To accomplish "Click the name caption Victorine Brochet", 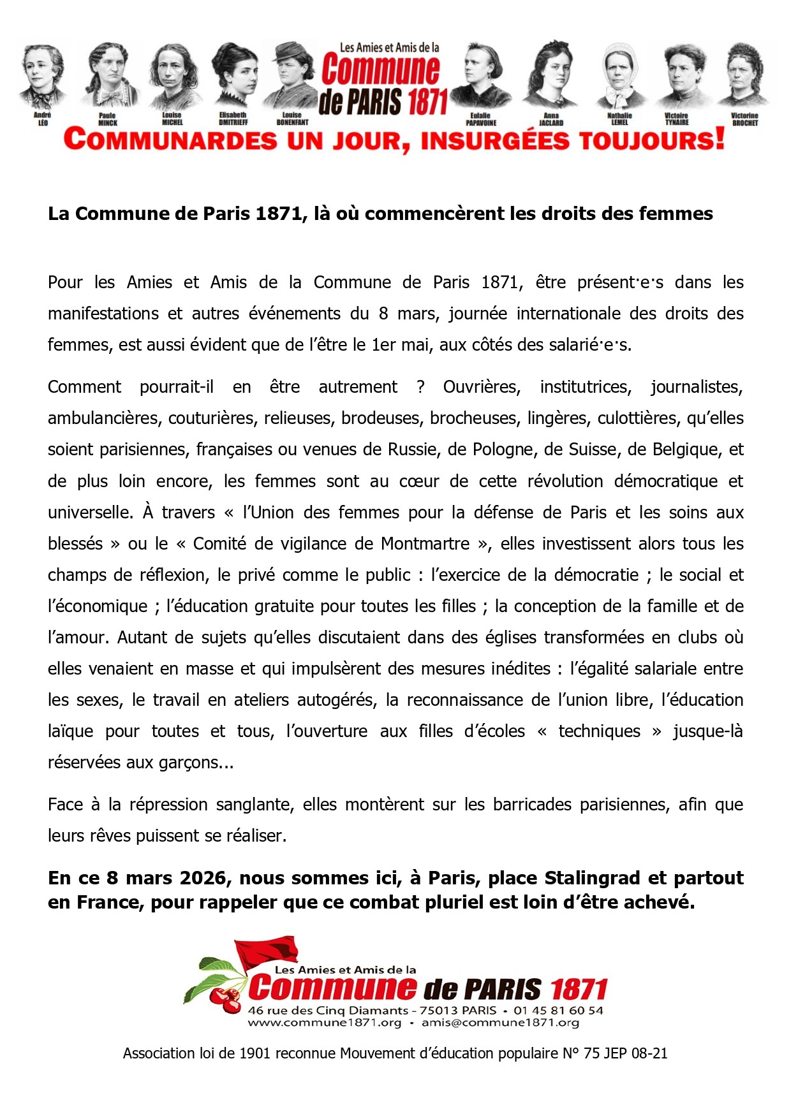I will [x=744, y=119].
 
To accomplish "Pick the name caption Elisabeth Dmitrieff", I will [x=233, y=119].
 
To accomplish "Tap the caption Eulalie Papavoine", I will [x=480, y=119].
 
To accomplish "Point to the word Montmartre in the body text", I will [x=425, y=544].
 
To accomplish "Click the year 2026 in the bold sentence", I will [x=203, y=879].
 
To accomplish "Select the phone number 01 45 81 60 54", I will [x=558, y=1011].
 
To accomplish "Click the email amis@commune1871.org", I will [x=500, y=1023].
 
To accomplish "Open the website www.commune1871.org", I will [x=325, y=1023].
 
